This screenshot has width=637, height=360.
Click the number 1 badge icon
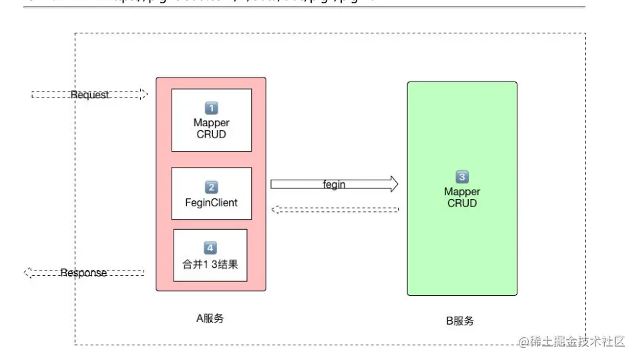point(211,108)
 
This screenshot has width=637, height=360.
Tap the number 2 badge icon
point(211,188)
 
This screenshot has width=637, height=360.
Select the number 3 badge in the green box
point(462,177)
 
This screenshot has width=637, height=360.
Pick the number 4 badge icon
point(210,248)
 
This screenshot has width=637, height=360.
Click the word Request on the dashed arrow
point(89,95)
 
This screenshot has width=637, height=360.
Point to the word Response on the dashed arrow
point(83,273)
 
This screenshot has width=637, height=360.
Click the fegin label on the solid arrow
point(334,184)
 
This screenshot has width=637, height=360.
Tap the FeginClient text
point(211,202)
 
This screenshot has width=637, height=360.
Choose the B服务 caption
point(459,321)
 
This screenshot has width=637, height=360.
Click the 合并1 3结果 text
point(210,264)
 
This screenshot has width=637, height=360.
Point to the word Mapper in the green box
point(462,192)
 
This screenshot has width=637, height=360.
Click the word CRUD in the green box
point(462,203)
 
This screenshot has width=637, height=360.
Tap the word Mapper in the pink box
point(211,123)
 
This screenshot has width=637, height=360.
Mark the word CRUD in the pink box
point(211,134)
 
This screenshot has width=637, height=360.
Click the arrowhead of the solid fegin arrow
point(393,184)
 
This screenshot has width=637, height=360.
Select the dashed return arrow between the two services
point(334,210)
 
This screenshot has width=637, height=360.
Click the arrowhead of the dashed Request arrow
point(143,95)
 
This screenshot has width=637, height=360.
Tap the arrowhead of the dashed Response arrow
point(28,273)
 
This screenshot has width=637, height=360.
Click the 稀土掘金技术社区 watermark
point(572,342)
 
